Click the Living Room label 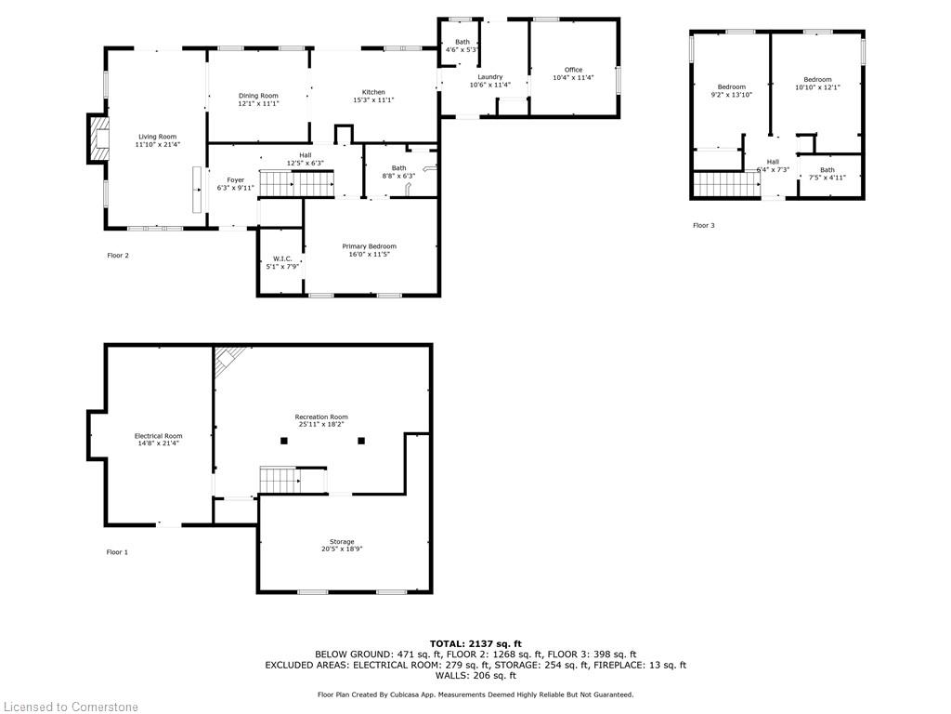point(156,137)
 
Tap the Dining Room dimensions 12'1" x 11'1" point(258,103)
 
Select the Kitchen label point(373,92)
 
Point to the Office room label point(573,70)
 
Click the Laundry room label point(489,77)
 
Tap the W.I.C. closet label point(283,258)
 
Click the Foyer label point(235,179)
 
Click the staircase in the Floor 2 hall point(295,184)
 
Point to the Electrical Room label point(158,436)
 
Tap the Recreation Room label point(321,416)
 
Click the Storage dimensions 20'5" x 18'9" point(341,549)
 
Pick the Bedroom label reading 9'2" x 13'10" point(731,86)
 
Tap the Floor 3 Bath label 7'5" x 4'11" point(827,170)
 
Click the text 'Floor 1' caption point(117,552)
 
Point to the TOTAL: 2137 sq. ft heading point(475,643)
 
